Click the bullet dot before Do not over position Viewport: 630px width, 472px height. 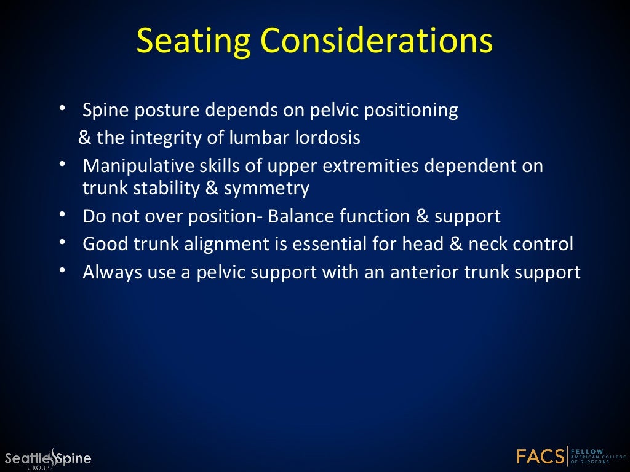(x=63, y=215)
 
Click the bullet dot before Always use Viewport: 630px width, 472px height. (x=63, y=271)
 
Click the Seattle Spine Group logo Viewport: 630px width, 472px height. (x=48, y=458)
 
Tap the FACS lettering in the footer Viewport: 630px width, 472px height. (x=541, y=457)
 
